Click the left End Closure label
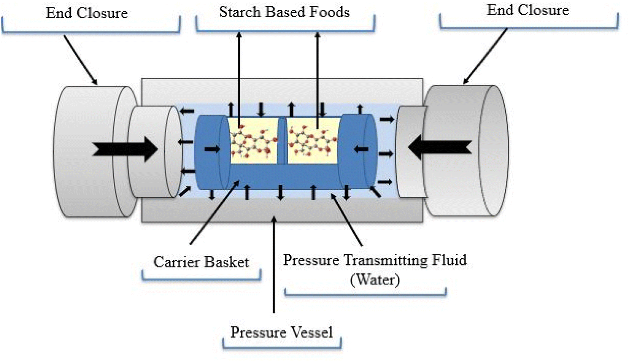pyautogui.click(x=87, y=13)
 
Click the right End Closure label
pyautogui.click(x=528, y=10)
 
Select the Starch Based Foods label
pyautogui.click(x=284, y=12)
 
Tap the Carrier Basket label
pyautogui.click(x=201, y=262)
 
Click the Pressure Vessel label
pyautogui.click(x=281, y=332)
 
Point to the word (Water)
pyautogui.click(x=375, y=280)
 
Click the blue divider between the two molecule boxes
pyautogui.click(x=282, y=141)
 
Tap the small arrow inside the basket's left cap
pyautogui.click(x=212, y=149)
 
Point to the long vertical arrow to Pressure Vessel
pyautogui.click(x=273, y=266)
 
